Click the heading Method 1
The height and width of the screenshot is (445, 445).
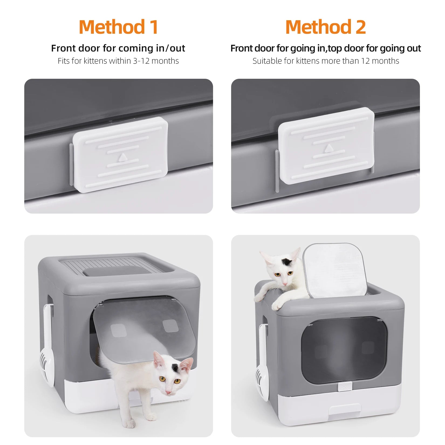pos(118,27)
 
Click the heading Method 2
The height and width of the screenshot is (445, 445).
pos(326,27)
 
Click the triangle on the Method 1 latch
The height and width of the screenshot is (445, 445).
pos(122,157)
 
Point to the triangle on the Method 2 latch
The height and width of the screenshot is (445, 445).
pos(328,148)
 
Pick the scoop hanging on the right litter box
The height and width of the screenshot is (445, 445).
pos(262,378)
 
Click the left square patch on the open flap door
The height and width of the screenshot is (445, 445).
pos(119,331)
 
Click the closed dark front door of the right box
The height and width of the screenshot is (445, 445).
pos(344,348)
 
